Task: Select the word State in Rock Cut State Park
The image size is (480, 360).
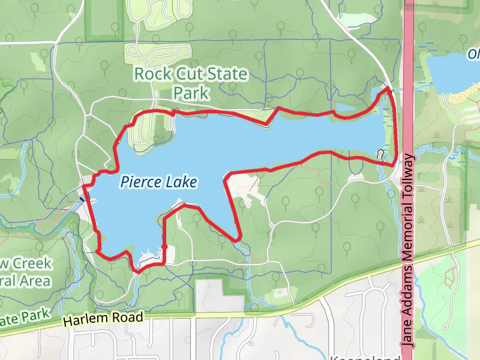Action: (227, 74)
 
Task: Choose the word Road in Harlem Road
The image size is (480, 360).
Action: (129, 317)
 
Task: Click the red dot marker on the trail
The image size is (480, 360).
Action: (164, 247)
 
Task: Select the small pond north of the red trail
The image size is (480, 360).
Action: (345, 108)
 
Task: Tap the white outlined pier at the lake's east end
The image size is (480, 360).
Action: (381, 155)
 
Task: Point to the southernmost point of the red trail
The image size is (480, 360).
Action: (137, 272)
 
